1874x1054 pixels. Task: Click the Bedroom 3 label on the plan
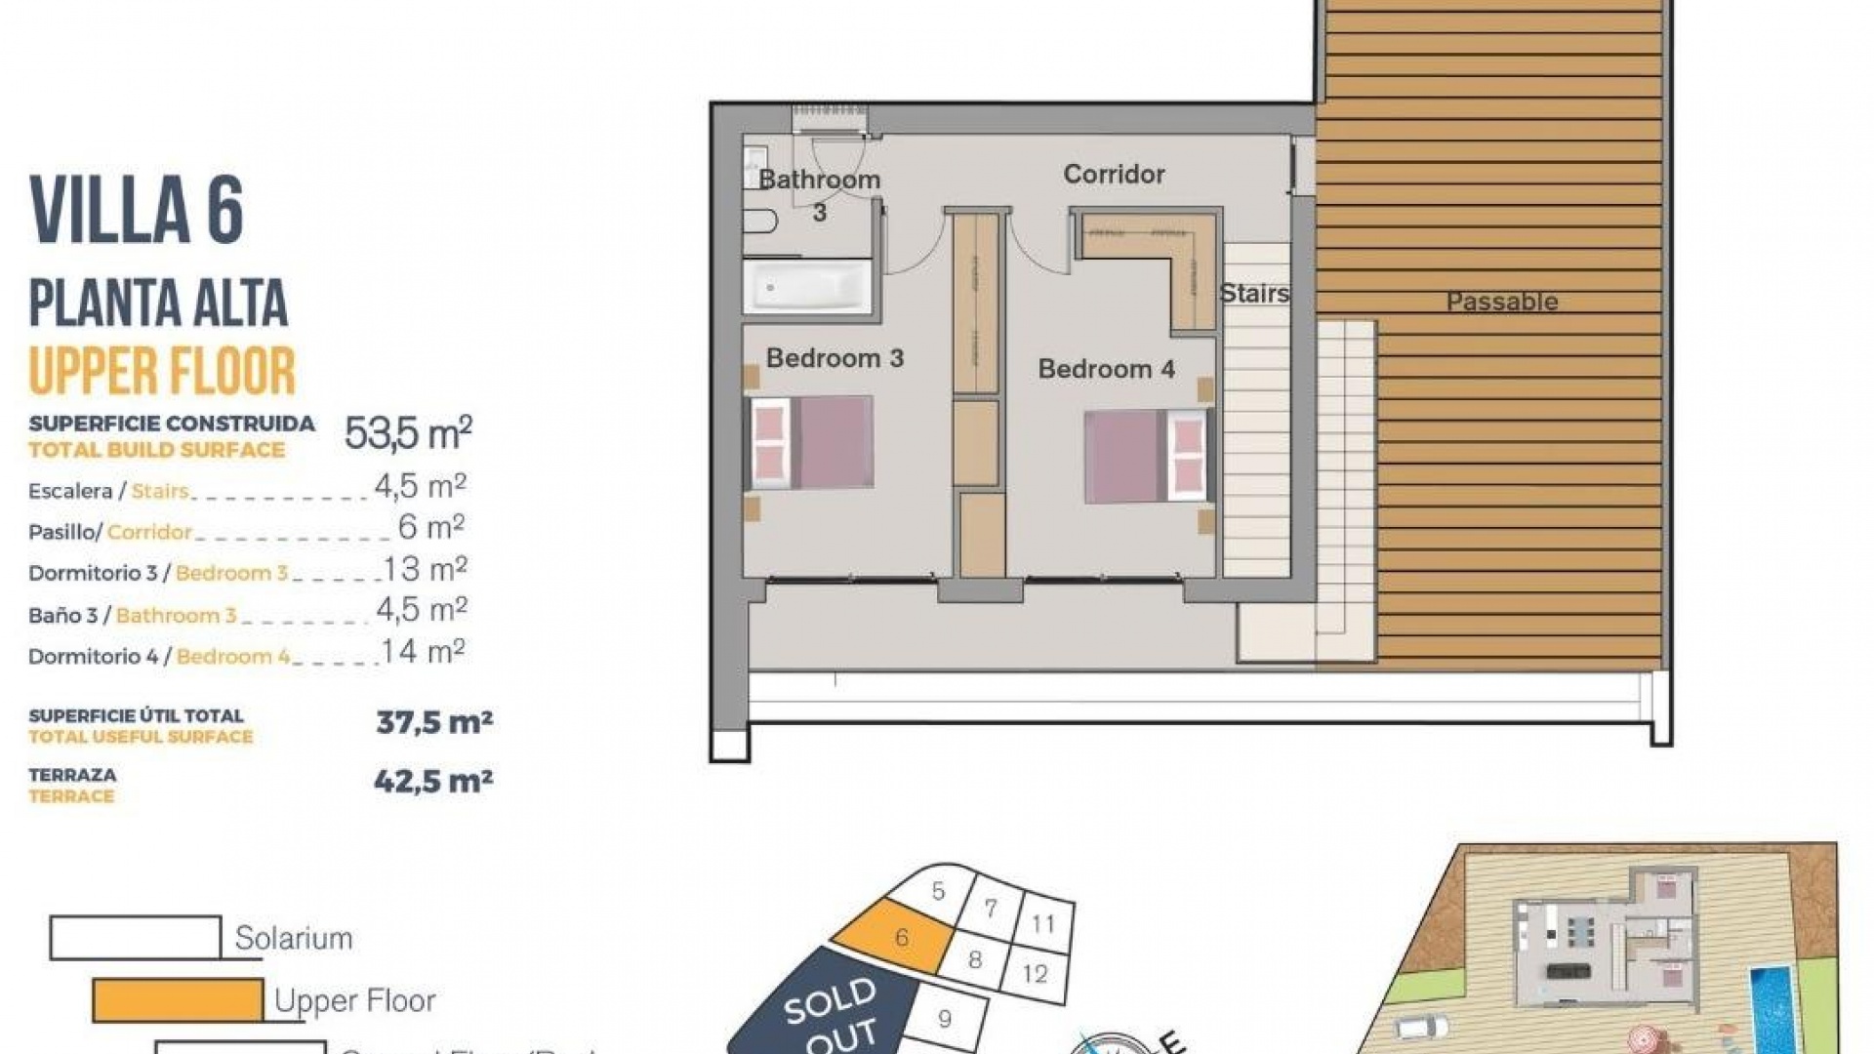tap(835, 358)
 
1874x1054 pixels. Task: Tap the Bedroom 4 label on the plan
tap(1106, 369)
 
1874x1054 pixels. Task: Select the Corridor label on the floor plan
tap(1114, 174)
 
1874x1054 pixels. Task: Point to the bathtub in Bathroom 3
tap(807, 287)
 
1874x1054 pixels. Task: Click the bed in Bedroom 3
tap(809, 442)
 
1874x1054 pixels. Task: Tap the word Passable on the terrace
tap(1501, 302)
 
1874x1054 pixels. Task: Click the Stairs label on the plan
tap(1253, 293)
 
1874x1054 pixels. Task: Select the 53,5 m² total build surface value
tap(408, 432)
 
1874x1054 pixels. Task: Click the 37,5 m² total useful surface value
tap(434, 722)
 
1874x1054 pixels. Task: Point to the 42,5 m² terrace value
tap(433, 781)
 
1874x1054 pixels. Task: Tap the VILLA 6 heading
tap(137, 210)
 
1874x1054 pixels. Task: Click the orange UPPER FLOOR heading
tap(162, 371)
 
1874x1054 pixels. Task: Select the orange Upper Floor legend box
tap(178, 1000)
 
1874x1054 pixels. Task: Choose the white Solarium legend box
tap(136, 938)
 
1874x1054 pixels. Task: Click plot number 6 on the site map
tap(901, 938)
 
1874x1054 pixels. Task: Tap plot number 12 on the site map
tap(1035, 973)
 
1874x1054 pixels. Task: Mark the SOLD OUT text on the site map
tap(830, 1015)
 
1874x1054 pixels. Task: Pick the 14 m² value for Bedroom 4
tap(423, 651)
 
